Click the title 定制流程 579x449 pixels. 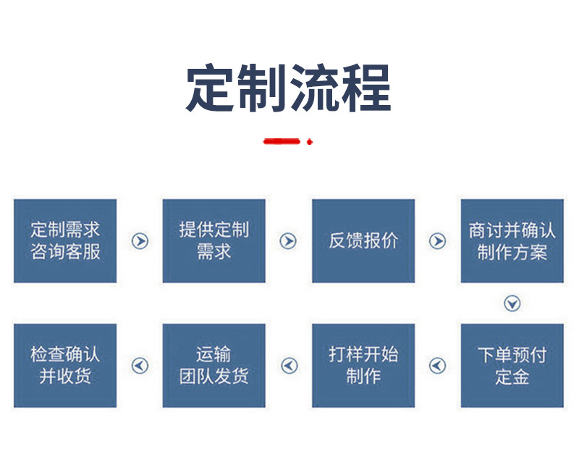tap(288, 88)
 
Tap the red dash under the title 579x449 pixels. tap(282, 141)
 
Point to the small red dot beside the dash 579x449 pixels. tap(310, 141)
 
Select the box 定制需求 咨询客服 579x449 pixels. tap(65, 241)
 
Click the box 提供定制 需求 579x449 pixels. tap(214, 241)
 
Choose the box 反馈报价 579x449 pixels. tap(363, 241)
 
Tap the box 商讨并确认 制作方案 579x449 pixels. tap(512, 241)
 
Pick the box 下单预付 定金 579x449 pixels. tap(512, 366)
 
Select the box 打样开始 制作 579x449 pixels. tap(363, 366)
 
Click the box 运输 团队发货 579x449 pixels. tap(214, 366)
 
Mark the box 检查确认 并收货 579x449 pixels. tap(65, 366)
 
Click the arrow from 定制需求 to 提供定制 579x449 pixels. tap(140, 241)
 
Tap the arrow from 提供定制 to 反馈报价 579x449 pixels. tap(288, 241)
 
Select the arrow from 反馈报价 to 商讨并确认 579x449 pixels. tap(438, 241)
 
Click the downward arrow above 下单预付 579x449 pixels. tap(512, 303)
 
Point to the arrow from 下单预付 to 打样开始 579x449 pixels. tap(438, 366)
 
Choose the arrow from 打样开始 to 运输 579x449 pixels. tap(289, 366)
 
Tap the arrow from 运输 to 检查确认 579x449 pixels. tap(140, 366)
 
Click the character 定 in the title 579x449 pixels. tap(210, 88)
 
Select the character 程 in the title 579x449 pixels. tap(366, 88)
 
